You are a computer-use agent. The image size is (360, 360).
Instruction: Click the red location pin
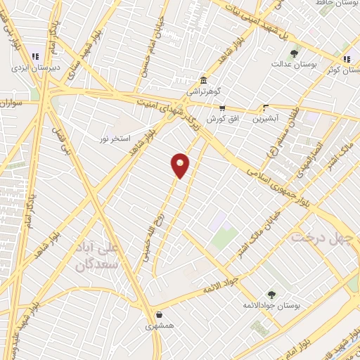coord(180,165)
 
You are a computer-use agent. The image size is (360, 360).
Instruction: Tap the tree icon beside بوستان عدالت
coord(294,53)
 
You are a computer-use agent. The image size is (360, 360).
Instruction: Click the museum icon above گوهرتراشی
coord(203,80)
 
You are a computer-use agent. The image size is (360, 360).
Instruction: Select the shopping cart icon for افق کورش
coord(222,108)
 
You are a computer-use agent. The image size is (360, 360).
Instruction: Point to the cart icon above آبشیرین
coord(266,108)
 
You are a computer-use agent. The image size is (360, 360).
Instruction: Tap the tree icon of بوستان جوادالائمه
coord(271,295)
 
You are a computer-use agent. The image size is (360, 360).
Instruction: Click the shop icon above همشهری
coord(162,316)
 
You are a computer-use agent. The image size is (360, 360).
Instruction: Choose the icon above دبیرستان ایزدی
coord(34,57)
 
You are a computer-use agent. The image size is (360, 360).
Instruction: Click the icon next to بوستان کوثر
coord(346,59)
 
